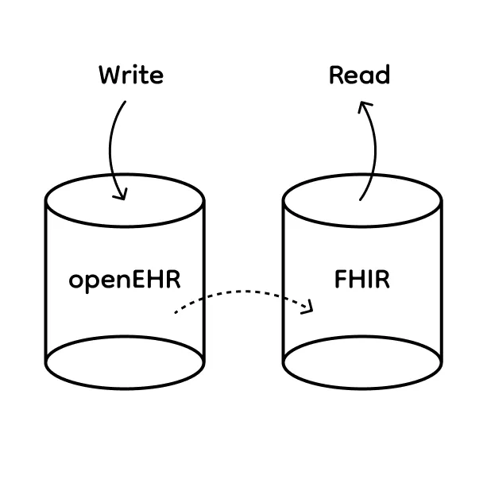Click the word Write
point(130,75)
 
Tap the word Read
point(359,75)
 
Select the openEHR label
point(125,280)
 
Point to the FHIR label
point(362,280)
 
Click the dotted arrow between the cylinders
point(238,292)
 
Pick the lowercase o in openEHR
point(76,282)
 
